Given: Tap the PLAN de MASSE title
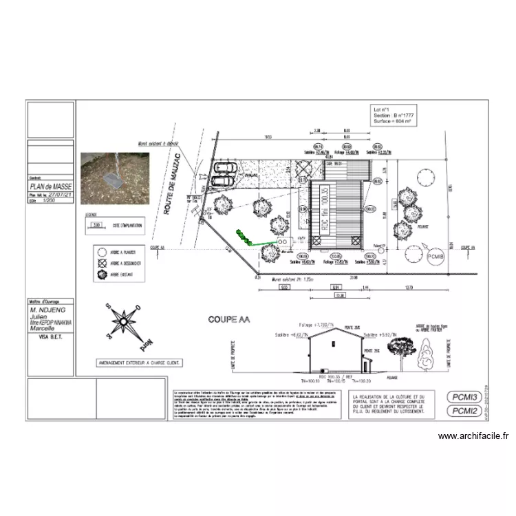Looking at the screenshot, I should (x=50, y=186).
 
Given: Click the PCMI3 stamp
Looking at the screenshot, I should (x=465, y=397).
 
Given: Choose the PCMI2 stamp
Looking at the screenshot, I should (x=465, y=411).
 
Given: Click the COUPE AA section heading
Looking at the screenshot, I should (x=229, y=320).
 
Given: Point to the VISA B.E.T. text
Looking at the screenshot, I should (x=51, y=338).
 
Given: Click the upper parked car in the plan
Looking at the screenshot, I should (x=225, y=168).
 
